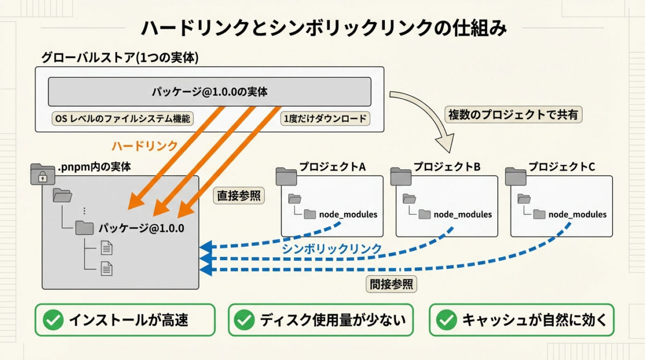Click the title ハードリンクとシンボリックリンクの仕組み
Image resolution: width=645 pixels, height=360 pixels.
[323, 28]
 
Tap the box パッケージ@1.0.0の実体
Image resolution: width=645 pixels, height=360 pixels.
[210, 92]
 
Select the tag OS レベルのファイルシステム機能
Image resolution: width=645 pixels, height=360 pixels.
[122, 119]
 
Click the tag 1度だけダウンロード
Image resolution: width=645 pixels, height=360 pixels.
[325, 119]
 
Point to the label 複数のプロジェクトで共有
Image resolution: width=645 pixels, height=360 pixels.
[514, 114]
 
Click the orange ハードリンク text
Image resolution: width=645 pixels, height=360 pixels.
[145, 146]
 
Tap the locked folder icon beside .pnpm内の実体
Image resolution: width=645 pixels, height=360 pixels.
[42, 174]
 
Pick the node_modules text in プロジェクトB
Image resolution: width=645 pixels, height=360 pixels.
[462, 214]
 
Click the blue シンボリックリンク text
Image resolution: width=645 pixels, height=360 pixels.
[332, 249]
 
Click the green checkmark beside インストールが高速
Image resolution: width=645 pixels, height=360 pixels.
[53, 320]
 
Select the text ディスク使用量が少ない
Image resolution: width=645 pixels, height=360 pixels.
[333, 320]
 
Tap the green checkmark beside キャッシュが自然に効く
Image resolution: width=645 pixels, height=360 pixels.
[446, 320]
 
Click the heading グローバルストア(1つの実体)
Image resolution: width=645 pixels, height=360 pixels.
[120, 58]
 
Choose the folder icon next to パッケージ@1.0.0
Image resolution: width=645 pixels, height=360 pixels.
[84, 228]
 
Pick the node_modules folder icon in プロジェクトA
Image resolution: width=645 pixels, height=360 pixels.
[310, 214]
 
